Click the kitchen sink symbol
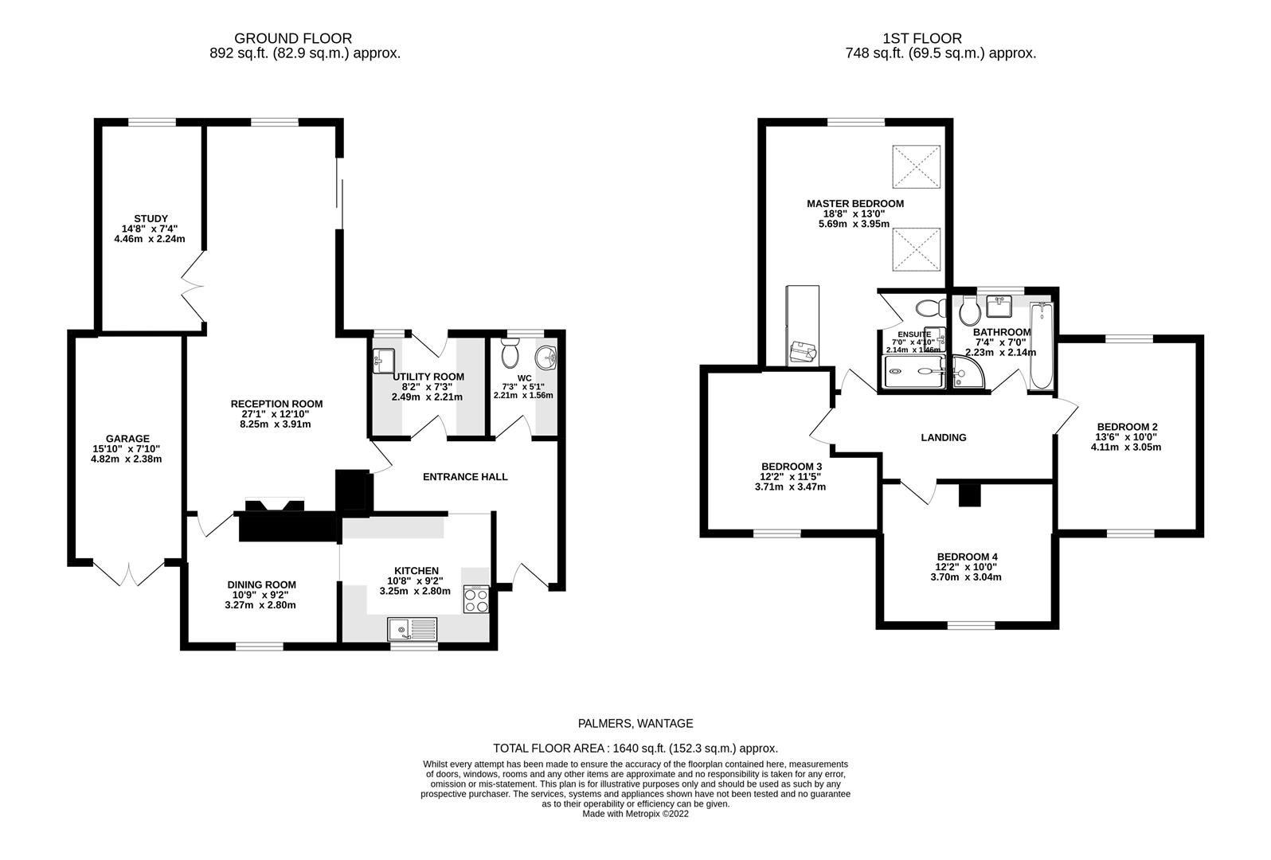[413, 629]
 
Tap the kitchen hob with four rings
[476, 599]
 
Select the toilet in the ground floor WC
[510, 354]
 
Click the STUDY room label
[151, 219]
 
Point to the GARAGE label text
[127, 439]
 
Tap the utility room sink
[383, 361]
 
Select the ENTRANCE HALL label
[464, 477]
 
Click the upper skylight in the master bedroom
[917, 165]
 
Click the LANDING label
[944, 437]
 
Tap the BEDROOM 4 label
[967, 557]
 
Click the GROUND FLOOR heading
[292, 38]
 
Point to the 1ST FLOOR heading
[921, 38]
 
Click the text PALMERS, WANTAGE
[635, 724]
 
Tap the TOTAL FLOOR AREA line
[635, 749]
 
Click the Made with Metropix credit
[635, 814]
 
